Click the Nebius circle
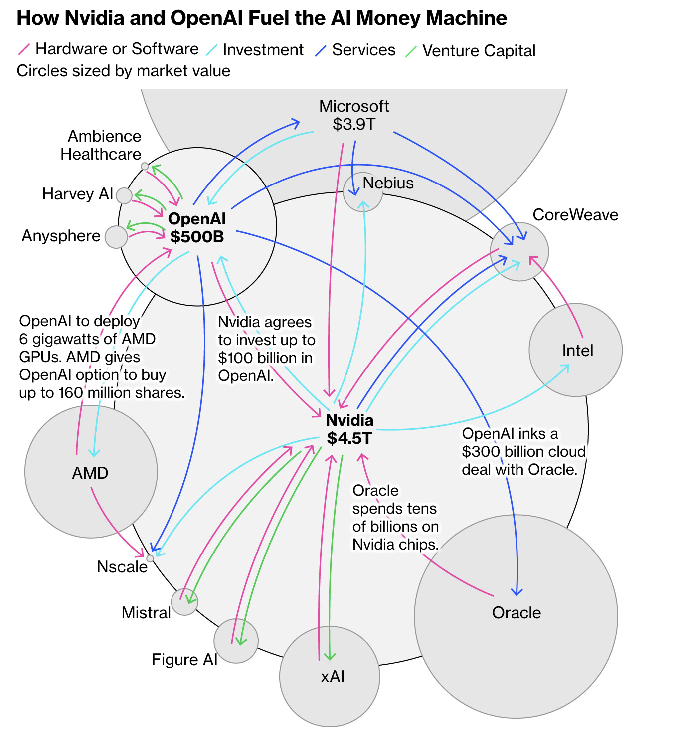click(362, 192)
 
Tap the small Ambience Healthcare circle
click(145, 166)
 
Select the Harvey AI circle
click(124, 195)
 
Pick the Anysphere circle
click(117, 237)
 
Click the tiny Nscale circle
click(150, 558)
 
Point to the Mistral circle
click(184, 602)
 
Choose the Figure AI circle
click(236, 641)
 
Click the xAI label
click(333, 677)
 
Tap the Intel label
click(577, 351)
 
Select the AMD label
click(90, 473)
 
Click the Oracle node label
click(516, 612)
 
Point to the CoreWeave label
click(575, 215)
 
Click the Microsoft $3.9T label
click(354, 115)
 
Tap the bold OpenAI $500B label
click(197, 227)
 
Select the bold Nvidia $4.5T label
click(349, 429)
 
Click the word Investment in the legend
click(263, 50)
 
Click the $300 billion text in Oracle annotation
click(499, 452)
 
